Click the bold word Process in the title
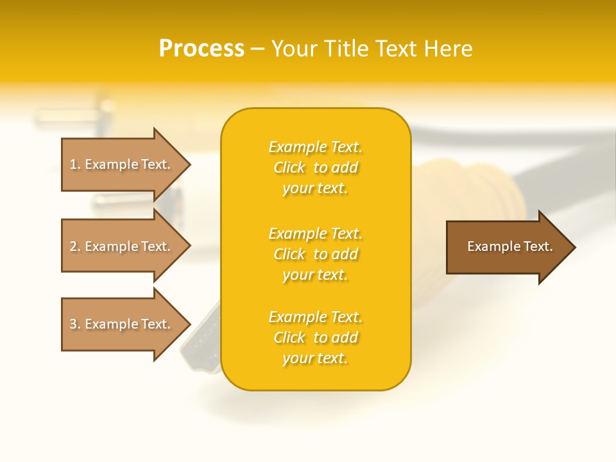pyautogui.click(x=201, y=49)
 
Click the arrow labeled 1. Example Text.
pyautogui.click(x=119, y=164)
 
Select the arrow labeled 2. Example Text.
pyautogui.click(x=119, y=246)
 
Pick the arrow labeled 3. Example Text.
pyautogui.click(x=119, y=324)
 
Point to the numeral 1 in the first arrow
pyautogui.click(x=74, y=164)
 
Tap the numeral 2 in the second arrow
pyautogui.click(x=74, y=246)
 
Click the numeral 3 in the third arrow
pyautogui.click(x=74, y=324)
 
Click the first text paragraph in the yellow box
pyautogui.click(x=315, y=167)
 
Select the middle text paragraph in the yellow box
pyautogui.click(x=315, y=254)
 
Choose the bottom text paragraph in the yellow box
pyautogui.click(x=315, y=338)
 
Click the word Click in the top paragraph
pyautogui.click(x=289, y=167)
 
